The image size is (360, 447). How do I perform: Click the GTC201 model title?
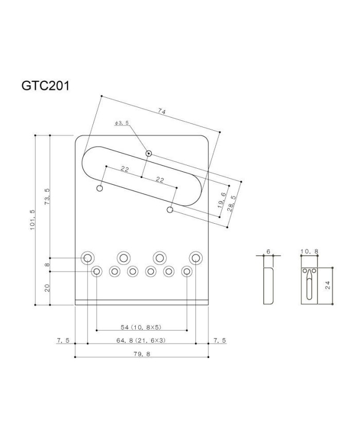pyautogui.click(x=45, y=85)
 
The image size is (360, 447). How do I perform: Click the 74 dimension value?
pyautogui.click(x=161, y=112)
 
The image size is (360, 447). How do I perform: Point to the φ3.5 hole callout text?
pyautogui.click(x=122, y=123)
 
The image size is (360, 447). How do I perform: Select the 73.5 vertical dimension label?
pyautogui.click(x=47, y=196)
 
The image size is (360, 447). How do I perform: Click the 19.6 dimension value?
pyautogui.click(x=222, y=200)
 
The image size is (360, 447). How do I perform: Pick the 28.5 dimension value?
pyautogui.click(x=231, y=203)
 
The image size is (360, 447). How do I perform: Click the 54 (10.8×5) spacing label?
pyautogui.click(x=141, y=327)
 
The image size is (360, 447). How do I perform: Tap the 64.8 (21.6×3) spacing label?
pyautogui.click(x=141, y=340)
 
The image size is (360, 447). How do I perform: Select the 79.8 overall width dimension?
pyautogui.click(x=141, y=354)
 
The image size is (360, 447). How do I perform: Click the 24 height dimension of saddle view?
pyautogui.click(x=328, y=285)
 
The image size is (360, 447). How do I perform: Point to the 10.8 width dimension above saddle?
pyautogui.click(x=309, y=251)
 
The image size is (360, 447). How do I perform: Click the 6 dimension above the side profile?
pyautogui.click(x=268, y=252)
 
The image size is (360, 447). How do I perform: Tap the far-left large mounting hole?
pyautogui.click(x=87, y=258)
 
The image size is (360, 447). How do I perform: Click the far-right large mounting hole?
pyautogui.click(x=196, y=258)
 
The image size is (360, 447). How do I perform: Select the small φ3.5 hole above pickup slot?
pyautogui.click(x=149, y=154)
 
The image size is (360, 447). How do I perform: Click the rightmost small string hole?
pyautogui.click(x=187, y=272)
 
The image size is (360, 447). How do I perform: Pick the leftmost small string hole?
pyautogui.click(x=97, y=272)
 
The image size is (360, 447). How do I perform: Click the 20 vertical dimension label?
pyautogui.click(x=47, y=288)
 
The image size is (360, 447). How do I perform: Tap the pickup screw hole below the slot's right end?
pyautogui.click(x=170, y=210)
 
